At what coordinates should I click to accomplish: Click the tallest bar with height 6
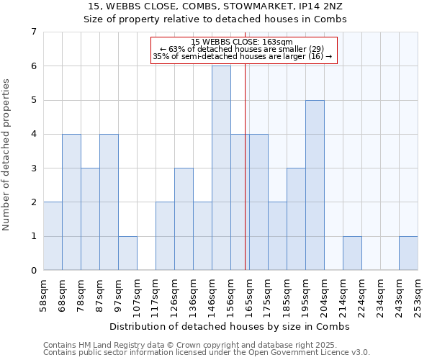click(x=221, y=168)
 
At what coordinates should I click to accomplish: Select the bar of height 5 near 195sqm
click(x=315, y=185)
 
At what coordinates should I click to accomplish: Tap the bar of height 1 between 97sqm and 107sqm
click(x=127, y=253)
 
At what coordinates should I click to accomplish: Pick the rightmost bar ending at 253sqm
click(x=408, y=253)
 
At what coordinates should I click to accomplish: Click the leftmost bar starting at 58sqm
click(x=53, y=236)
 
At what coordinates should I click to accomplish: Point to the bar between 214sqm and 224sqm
click(x=352, y=253)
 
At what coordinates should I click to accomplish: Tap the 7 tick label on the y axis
click(x=33, y=32)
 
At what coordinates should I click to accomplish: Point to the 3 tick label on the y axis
click(x=33, y=168)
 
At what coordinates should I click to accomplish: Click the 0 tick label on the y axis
click(x=33, y=271)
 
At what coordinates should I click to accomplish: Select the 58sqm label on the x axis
click(x=44, y=292)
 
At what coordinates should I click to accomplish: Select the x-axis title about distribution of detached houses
click(x=230, y=326)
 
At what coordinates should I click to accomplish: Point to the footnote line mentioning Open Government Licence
click(x=207, y=353)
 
